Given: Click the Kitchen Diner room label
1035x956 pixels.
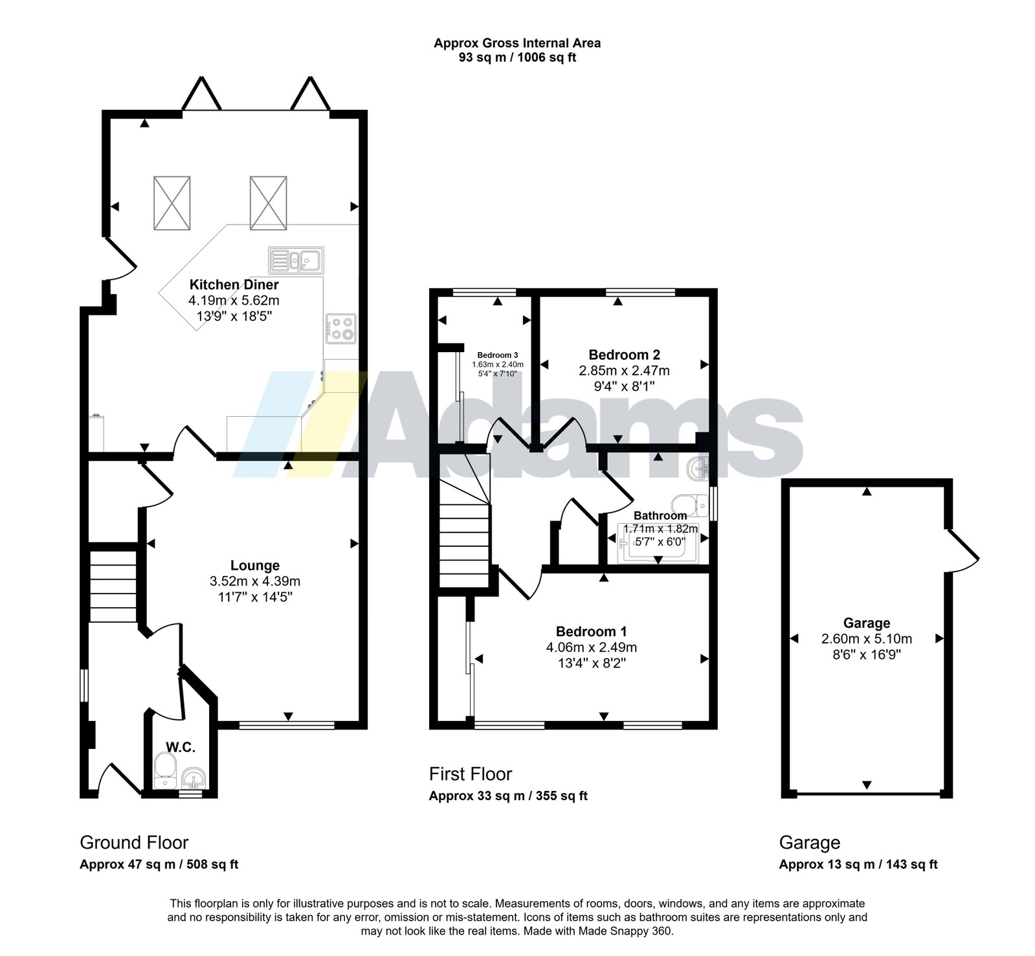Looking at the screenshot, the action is click(234, 285).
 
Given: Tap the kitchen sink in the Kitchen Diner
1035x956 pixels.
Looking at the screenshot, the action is click(296, 260).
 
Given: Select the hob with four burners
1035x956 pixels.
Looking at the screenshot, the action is click(340, 328).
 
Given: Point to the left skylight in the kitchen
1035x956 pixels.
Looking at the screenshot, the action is click(172, 203).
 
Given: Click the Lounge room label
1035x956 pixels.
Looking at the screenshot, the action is click(255, 566).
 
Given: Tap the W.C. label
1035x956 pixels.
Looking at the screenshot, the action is click(181, 747).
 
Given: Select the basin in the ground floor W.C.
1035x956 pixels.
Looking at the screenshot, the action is click(193, 778).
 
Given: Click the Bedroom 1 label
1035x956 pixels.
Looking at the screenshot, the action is click(591, 632).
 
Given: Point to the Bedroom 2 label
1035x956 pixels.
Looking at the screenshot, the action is click(624, 355).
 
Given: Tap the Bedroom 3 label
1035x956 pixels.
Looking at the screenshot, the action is click(498, 355).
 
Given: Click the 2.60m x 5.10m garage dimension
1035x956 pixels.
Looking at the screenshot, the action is click(867, 639).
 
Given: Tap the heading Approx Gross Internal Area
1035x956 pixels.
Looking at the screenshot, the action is click(517, 43).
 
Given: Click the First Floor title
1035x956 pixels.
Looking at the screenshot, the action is click(471, 774).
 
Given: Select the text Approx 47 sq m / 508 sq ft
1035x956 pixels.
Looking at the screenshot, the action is click(159, 864).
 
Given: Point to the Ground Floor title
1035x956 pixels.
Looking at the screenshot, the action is click(134, 843).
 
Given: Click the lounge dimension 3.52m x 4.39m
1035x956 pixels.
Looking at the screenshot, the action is click(255, 581).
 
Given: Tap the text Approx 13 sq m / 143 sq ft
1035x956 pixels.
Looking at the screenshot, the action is click(858, 864).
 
